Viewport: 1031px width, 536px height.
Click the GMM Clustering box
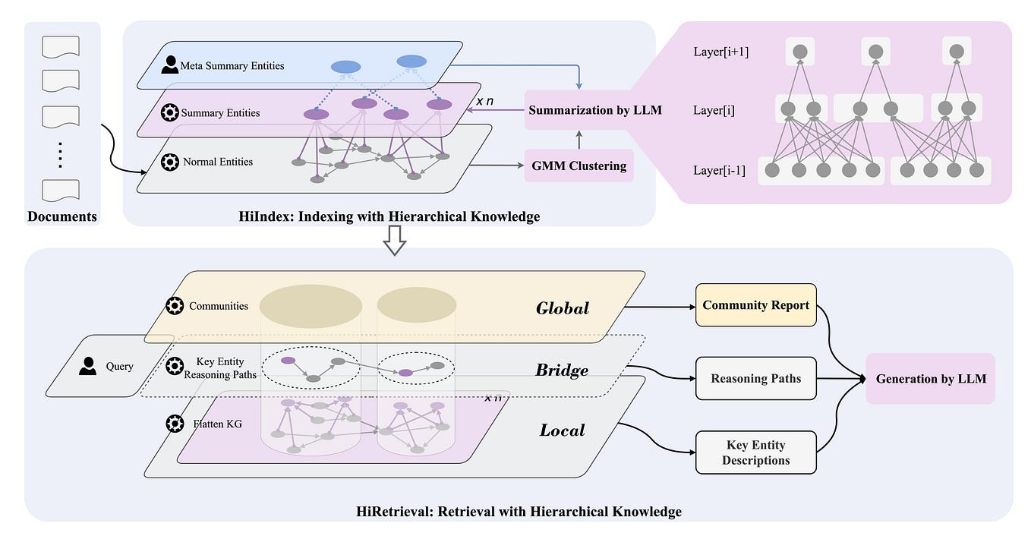[x=579, y=166]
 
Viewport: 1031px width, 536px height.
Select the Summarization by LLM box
[x=594, y=110]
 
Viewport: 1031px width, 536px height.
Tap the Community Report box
[x=755, y=305]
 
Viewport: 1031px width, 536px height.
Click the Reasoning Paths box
[x=755, y=378]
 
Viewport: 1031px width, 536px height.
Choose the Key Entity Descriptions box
[x=755, y=452]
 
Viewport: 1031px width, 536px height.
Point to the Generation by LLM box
[x=930, y=378]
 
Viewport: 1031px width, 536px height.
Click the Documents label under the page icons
[x=62, y=216]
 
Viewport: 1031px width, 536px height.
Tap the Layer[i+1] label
[x=721, y=52]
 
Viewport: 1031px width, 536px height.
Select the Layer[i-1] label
[x=720, y=170]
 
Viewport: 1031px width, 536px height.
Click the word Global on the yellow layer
[x=563, y=308]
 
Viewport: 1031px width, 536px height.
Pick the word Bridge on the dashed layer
[x=562, y=370]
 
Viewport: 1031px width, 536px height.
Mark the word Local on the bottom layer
[x=562, y=430]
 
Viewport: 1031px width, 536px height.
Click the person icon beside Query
[x=89, y=366]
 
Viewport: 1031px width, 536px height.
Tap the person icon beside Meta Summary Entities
[x=171, y=65]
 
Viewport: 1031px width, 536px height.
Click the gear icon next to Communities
[x=175, y=306]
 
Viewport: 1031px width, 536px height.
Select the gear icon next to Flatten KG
[x=175, y=423]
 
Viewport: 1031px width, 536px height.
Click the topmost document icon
[x=61, y=48]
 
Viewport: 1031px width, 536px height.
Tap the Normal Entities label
[x=218, y=162]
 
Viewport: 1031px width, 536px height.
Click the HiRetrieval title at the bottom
[x=519, y=512]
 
